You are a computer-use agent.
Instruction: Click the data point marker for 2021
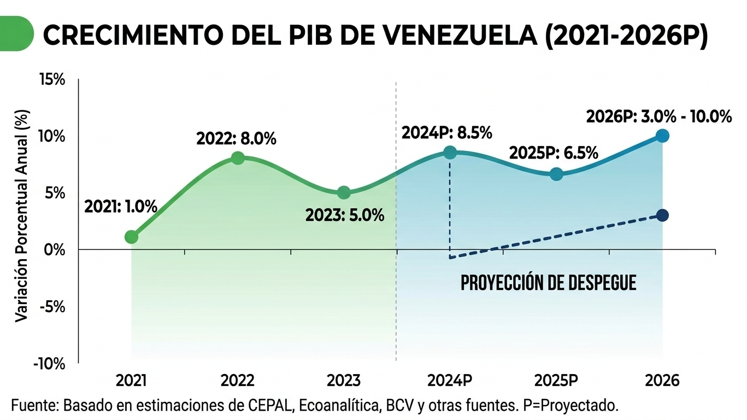click(x=131, y=237)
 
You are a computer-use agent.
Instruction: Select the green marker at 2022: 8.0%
click(x=238, y=158)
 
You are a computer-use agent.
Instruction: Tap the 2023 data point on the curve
click(x=344, y=192)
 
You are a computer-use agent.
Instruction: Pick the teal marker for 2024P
click(x=450, y=153)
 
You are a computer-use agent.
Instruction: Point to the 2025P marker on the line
click(x=556, y=174)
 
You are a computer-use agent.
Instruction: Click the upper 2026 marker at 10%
click(x=662, y=136)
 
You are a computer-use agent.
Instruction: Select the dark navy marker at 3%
click(x=662, y=215)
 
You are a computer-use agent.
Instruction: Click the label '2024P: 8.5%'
click(x=446, y=133)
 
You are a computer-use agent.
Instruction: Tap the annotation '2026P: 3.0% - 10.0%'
click(x=658, y=116)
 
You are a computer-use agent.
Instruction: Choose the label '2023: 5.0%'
click(x=344, y=215)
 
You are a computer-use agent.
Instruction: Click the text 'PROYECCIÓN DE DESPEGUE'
click(x=549, y=283)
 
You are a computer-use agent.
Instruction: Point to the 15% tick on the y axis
click(x=52, y=80)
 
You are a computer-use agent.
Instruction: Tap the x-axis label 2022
click(x=238, y=381)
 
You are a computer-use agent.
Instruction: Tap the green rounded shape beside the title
click(x=16, y=34)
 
